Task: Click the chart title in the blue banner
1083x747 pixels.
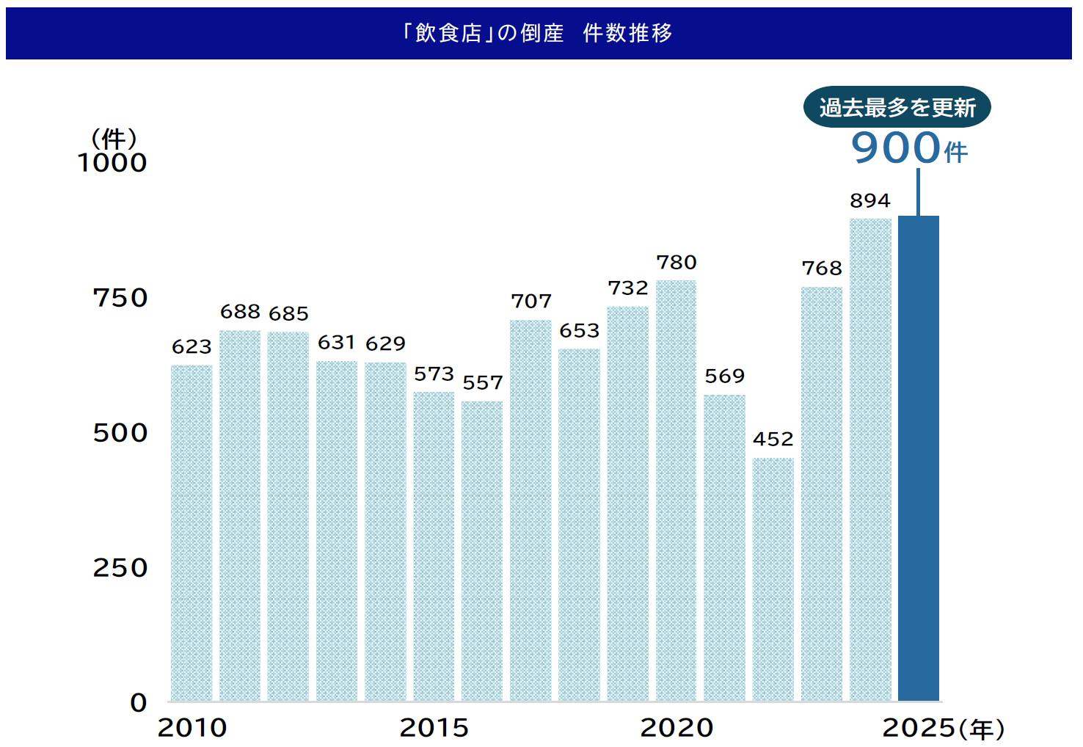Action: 537,33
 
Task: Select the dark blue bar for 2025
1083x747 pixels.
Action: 918,459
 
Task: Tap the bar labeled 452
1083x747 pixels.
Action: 773,580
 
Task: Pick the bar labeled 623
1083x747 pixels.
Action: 192,533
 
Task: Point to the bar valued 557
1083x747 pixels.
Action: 482,550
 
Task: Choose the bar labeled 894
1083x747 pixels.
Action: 870,459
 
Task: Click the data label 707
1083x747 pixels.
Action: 531,302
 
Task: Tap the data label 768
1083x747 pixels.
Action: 822,269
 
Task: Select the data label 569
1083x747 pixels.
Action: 725,376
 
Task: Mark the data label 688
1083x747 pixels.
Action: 240,312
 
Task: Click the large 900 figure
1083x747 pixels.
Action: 895,147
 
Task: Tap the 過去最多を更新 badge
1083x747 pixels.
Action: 897,108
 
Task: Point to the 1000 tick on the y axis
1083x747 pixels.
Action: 112,163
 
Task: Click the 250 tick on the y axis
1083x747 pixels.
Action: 120,568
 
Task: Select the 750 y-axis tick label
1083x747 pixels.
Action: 120,298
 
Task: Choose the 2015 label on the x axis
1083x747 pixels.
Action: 434,728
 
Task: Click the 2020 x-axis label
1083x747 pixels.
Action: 677,728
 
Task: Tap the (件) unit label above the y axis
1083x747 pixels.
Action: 114,138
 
